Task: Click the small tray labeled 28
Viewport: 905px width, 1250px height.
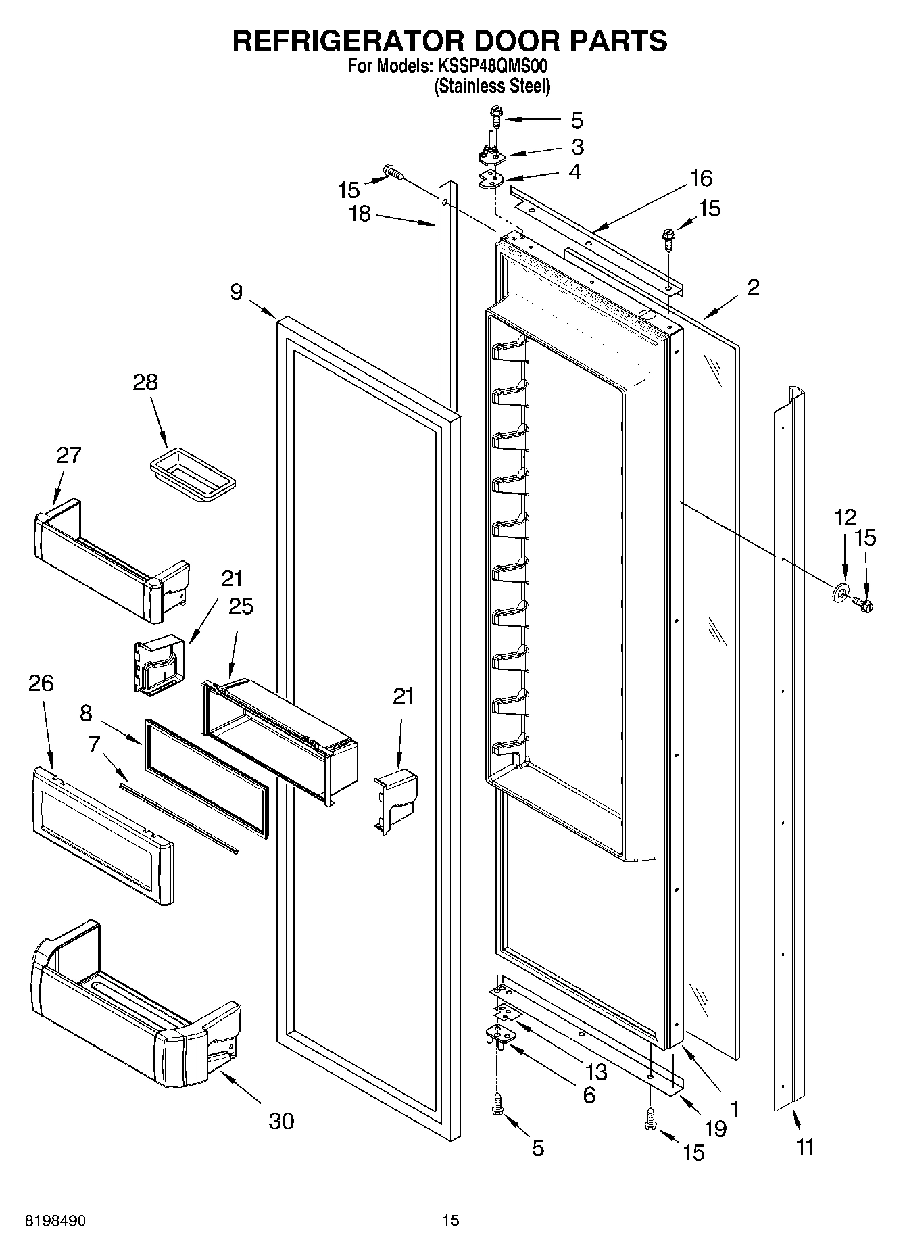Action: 192,477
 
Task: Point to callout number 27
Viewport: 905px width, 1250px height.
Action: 69,455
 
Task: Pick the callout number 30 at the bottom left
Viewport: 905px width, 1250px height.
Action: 281,1121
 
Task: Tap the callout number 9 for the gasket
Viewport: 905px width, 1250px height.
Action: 236,292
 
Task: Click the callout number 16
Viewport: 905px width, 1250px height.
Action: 701,178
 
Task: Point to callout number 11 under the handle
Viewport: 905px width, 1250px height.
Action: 805,1147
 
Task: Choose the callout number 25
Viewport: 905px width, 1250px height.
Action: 241,606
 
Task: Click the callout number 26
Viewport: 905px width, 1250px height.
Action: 41,683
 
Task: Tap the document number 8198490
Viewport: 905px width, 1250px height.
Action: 55,1220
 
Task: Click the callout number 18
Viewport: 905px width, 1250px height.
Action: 360,214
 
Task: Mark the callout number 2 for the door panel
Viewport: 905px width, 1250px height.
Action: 753,287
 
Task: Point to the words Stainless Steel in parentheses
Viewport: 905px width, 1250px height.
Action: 492,86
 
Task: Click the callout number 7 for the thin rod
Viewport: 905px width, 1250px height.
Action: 93,744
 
